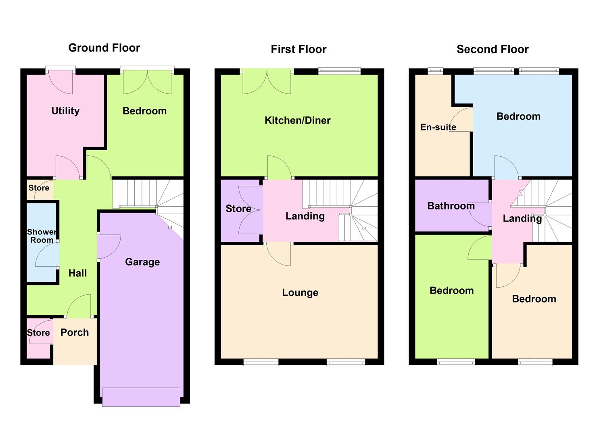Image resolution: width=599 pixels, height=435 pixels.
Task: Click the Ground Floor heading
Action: (104, 48)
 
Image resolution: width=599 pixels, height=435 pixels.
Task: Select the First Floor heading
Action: (298, 50)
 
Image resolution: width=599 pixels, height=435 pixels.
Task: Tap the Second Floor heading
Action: (493, 50)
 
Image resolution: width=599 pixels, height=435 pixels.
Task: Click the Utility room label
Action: (65, 111)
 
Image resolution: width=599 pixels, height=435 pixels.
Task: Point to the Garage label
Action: (142, 262)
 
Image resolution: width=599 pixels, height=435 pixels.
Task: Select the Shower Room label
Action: (42, 236)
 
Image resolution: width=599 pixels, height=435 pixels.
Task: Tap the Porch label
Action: (75, 333)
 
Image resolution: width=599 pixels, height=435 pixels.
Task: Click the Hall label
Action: (77, 273)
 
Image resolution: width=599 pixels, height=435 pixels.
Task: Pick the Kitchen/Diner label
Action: (298, 120)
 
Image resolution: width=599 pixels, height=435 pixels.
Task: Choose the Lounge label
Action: (300, 293)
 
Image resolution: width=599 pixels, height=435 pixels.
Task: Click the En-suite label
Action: (438, 127)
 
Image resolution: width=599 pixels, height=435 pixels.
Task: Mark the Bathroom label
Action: (451, 206)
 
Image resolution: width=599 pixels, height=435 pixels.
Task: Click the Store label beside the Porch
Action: (38, 333)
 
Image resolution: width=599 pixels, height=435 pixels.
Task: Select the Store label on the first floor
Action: (238, 209)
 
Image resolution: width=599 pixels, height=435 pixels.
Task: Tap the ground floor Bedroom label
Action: (144, 111)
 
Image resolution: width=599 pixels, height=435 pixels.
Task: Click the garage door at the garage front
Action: (141, 397)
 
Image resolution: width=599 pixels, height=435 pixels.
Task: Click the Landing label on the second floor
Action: (522, 219)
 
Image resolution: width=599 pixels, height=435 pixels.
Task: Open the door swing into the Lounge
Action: (279, 254)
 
